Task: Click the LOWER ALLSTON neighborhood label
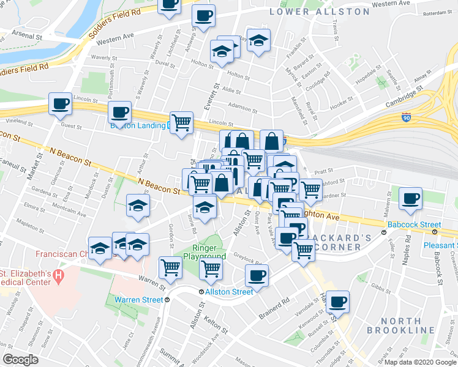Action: [x=320, y=11]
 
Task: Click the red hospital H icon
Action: [x=59, y=277]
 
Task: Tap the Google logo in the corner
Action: [x=20, y=360]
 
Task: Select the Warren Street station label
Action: [x=138, y=300]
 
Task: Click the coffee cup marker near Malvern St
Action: [x=410, y=198]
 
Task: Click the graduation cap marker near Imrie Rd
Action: [x=205, y=207]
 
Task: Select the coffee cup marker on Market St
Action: [x=60, y=104]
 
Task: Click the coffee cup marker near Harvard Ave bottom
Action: [x=337, y=302]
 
